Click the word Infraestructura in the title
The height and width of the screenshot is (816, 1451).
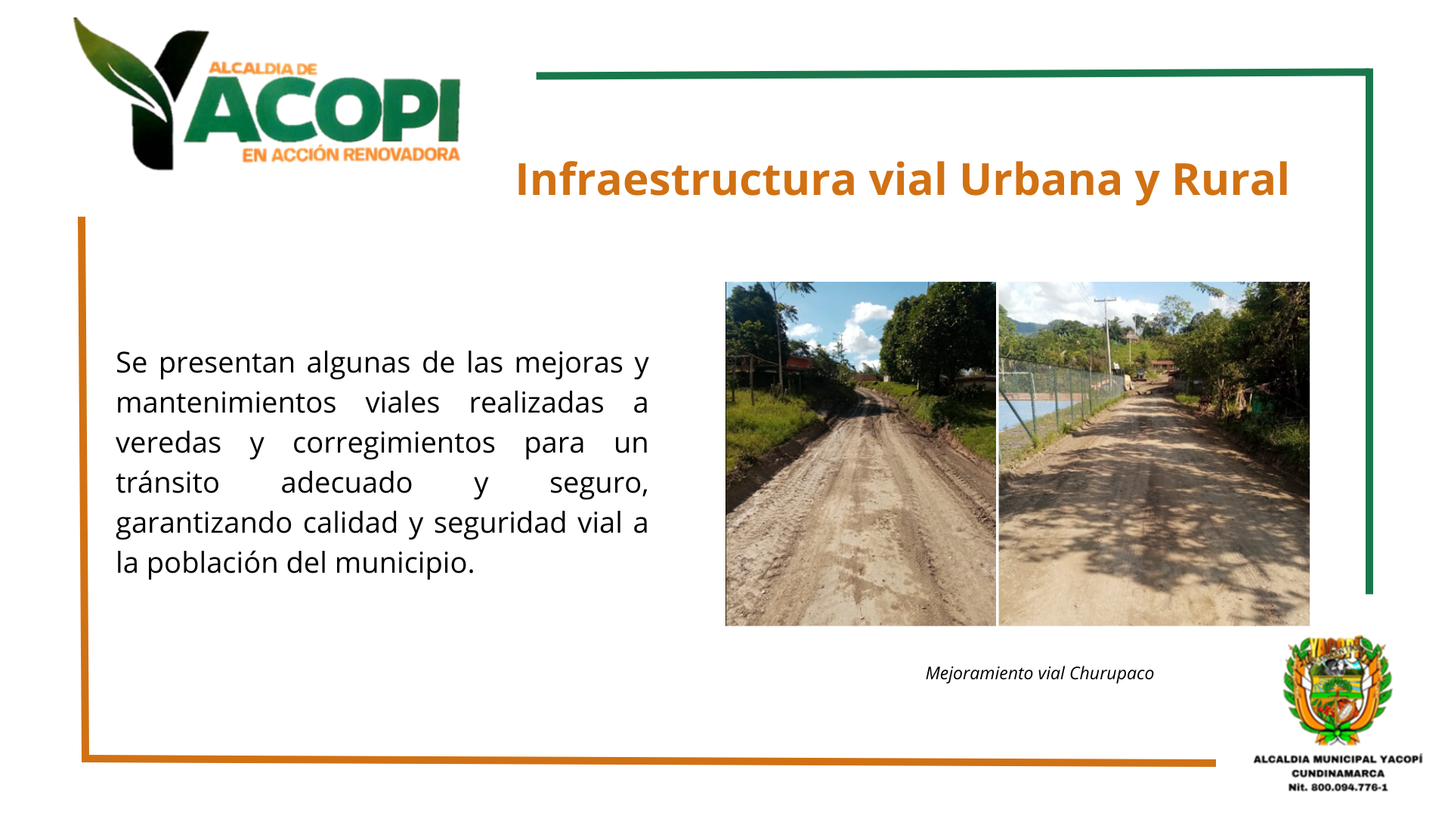click(x=686, y=180)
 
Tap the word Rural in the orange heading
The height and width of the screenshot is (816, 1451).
click(x=1230, y=180)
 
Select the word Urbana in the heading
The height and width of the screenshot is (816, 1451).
click(x=1041, y=180)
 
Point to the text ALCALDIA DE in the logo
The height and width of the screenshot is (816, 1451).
click(x=263, y=69)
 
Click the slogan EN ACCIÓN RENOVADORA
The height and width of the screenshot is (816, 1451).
click(x=351, y=155)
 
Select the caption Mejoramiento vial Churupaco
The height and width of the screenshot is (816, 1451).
click(x=1039, y=673)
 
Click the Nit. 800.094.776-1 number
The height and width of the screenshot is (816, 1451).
click(x=1338, y=787)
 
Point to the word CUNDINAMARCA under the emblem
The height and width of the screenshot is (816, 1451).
click(x=1338, y=773)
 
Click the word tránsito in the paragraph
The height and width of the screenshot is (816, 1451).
click(x=168, y=483)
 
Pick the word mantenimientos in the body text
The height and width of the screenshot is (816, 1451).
click(x=226, y=403)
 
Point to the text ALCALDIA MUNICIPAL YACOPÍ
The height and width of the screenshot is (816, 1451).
click(x=1338, y=759)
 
